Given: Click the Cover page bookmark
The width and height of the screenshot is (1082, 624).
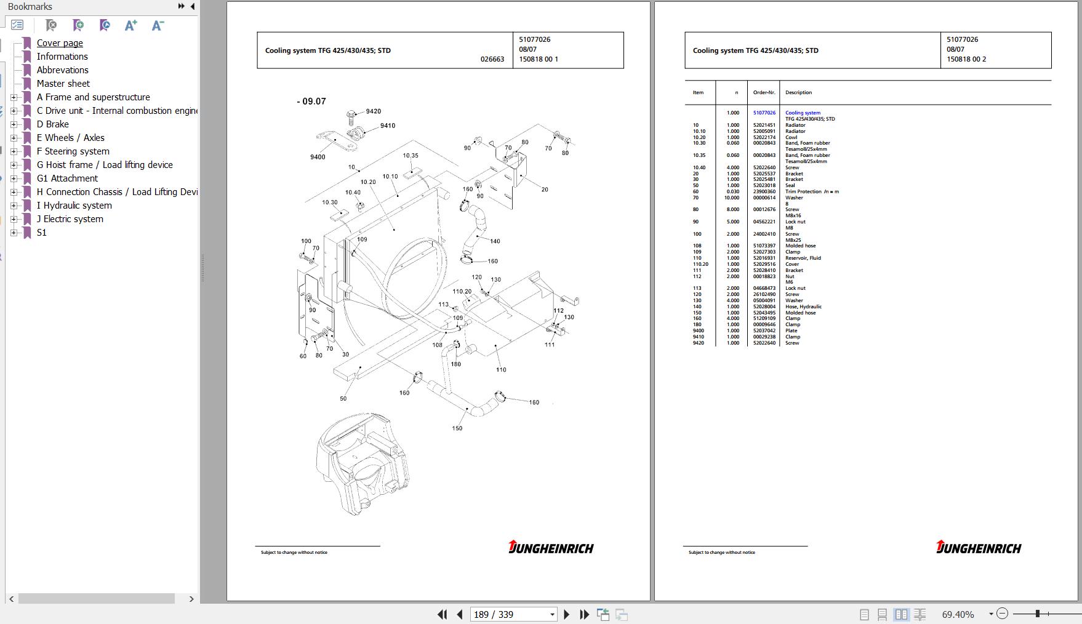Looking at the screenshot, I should pos(60,43).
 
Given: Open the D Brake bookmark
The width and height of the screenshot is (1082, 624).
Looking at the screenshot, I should pos(52,124).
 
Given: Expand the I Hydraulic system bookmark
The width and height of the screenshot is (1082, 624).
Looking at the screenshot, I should pos(14,206).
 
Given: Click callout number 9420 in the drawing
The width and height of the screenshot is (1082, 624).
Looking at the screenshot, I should pos(373,111).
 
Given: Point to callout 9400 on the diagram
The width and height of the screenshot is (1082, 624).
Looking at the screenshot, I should pos(318,157).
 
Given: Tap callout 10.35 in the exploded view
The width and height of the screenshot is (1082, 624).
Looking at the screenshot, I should pos(411,156).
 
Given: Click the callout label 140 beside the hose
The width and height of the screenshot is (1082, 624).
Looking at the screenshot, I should pos(495,241).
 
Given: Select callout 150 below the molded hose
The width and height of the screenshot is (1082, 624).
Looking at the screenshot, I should pos(457,428).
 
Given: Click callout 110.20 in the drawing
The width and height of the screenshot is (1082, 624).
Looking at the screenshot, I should pos(462,292).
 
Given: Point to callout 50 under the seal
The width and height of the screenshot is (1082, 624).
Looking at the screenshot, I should pos(343,399).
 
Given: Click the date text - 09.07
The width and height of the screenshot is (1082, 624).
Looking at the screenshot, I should pos(311,102).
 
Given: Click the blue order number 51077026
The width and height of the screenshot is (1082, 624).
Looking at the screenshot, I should pos(764,113).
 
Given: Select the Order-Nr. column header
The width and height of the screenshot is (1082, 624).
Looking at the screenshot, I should pos(764,92).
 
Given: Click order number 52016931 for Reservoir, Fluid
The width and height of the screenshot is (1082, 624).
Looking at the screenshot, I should pos(764,258).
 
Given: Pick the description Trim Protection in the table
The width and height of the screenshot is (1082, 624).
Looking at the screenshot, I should pos(803,191).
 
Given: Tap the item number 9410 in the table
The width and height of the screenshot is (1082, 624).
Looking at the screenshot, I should pos(698,337).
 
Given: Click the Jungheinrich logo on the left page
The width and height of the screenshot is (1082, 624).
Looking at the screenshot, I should pos(551,547).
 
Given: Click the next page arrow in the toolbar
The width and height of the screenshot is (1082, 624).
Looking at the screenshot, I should pos(567,614).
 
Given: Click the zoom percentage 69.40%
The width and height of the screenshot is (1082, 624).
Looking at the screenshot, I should pos(958,614).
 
